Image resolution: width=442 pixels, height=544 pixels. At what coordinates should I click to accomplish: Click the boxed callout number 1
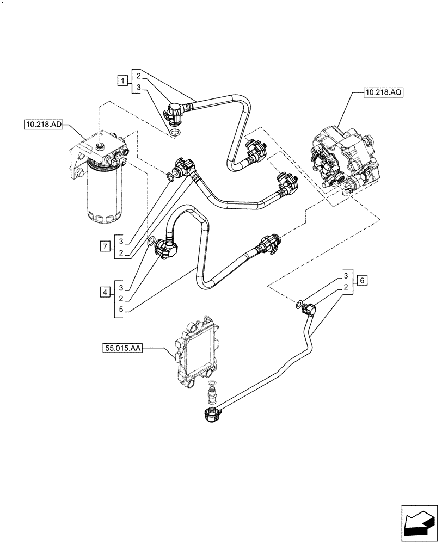(123, 81)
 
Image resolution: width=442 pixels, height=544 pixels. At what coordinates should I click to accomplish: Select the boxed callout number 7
(103, 246)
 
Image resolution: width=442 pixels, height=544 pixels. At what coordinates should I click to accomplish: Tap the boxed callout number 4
(103, 293)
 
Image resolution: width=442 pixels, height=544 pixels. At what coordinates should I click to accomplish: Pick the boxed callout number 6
(363, 281)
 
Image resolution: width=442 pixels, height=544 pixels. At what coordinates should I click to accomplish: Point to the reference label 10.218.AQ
(384, 93)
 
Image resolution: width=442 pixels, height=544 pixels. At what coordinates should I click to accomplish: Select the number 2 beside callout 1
(139, 75)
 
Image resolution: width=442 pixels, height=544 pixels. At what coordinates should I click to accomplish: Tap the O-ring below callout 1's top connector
(175, 134)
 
